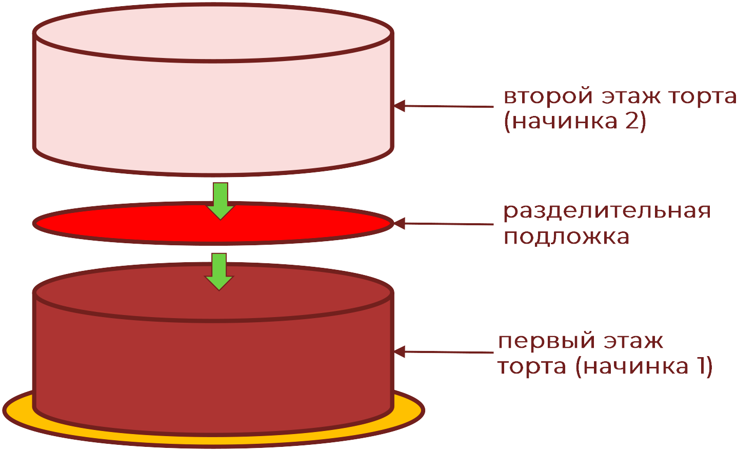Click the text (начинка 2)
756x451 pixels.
pos(575,122)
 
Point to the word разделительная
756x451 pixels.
pos(607,211)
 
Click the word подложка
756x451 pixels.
pos(566,237)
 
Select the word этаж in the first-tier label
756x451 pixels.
pos(633,341)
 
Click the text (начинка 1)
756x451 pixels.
pos(644,367)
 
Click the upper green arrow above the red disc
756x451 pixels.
pos(221,201)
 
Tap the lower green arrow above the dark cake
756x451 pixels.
pos(219,271)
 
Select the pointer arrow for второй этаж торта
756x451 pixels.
pos(444,106)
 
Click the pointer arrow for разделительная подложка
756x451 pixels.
pos(444,224)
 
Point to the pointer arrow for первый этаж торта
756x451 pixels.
pos(444,352)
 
